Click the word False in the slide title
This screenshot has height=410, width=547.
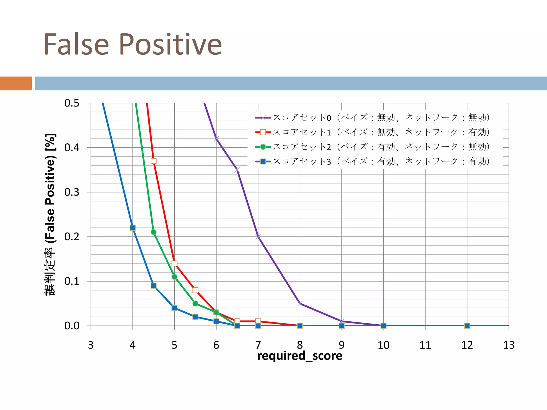(x=76, y=44)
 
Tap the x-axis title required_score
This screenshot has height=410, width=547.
(x=299, y=356)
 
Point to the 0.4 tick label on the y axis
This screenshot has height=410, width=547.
(x=72, y=148)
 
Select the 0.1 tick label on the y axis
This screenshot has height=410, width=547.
(x=72, y=281)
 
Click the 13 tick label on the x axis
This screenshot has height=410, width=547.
(x=509, y=345)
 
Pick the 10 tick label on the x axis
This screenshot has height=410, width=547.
(x=383, y=345)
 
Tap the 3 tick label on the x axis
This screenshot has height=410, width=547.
(x=91, y=345)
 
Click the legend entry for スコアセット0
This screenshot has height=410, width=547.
(x=372, y=117)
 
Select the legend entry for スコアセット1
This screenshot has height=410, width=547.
(x=372, y=132)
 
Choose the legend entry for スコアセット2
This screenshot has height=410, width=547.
(x=372, y=147)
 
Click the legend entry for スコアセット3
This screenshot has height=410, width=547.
(x=372, y=161)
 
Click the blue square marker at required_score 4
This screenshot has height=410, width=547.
(x=133, y=228)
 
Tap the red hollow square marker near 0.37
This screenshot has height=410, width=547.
(x=154, y=161)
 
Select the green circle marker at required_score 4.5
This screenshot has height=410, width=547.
(x=154, y=232)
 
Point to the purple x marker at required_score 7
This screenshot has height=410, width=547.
(x=258, y=236)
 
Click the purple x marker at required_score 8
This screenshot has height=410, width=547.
(x=300, y=303)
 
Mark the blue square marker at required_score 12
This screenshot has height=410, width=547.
(x=467, y=326)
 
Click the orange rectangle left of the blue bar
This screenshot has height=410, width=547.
(x=16, y=83)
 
